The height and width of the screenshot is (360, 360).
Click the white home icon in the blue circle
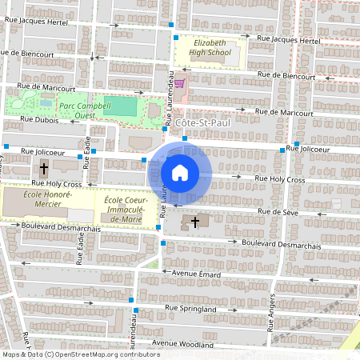click(x=179, y=172)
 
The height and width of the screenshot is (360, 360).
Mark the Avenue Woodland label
click(x=185, y=344)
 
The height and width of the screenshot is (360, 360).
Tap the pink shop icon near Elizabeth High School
click(x=180, y=83)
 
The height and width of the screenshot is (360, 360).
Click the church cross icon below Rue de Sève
click(x=194, y=222)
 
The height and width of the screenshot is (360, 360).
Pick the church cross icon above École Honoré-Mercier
click(x=44, y=169)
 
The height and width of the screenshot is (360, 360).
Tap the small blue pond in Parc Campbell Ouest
click(x=46, y=102)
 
